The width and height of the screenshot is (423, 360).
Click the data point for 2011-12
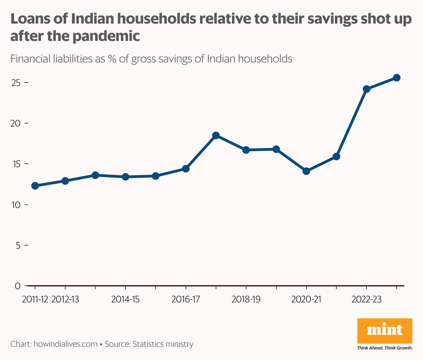click(35, 186)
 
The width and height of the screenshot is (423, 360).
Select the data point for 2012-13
click(65, 181)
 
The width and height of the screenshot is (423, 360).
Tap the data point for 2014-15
click(126, 177)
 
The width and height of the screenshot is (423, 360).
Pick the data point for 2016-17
click(186, 169)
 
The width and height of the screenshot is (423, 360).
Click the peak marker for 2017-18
click(216, 135)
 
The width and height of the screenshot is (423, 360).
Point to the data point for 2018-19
click(246, 150)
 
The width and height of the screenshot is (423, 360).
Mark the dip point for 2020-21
click(306, 171)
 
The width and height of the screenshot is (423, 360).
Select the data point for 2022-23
click(366, 89)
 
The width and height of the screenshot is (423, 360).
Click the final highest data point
click(397, 78)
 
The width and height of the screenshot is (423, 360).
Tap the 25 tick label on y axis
click(16, 83)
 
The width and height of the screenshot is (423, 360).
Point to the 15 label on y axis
click(16, 164)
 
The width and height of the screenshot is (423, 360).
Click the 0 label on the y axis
click(18, 286)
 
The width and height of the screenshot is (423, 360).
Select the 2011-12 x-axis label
click(35, 299)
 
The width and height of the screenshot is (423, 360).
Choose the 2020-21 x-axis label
click(306, 299)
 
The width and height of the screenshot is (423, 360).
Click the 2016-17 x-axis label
click(186, 299)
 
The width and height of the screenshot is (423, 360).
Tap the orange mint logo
click(385, 331)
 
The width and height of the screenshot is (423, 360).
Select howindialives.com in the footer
click(65, 344)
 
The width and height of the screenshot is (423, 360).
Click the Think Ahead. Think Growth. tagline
click(385, 348)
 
